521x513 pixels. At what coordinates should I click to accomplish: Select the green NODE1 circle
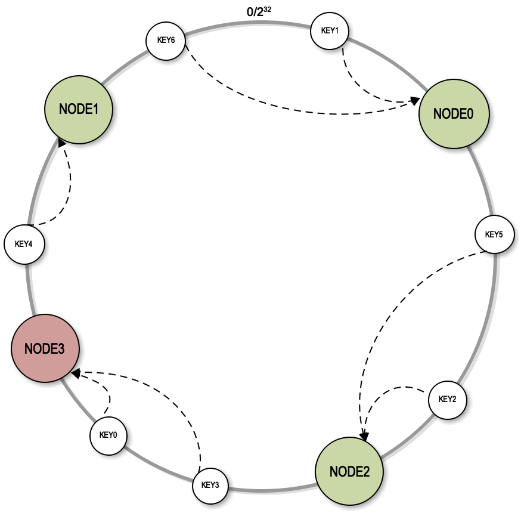pos(79,109)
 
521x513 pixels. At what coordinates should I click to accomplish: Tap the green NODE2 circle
pos(350,471)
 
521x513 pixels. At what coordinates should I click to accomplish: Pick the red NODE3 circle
pos(45,349)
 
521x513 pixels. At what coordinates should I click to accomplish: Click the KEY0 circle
pos(108,435)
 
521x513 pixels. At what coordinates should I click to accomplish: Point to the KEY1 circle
pos(329,30)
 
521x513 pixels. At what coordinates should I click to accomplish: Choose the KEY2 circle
pos(447,399)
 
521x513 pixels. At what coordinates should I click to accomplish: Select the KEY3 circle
pos(210,485)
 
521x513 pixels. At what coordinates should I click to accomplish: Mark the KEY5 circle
pos(494,234)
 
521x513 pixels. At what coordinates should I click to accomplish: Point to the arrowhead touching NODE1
pos(62,144)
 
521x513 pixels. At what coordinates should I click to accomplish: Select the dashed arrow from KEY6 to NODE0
pos(268,106)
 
